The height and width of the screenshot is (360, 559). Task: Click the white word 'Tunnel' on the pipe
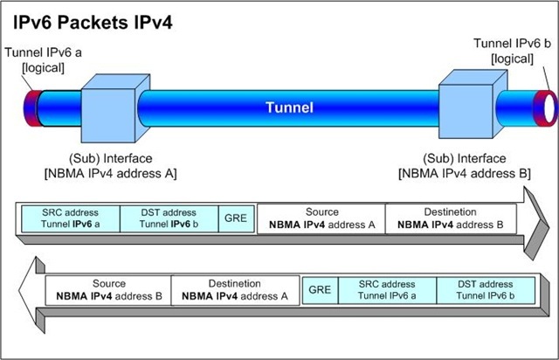289,108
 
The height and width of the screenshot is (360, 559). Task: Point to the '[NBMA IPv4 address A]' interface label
110,173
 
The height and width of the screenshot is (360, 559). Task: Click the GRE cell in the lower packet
320,289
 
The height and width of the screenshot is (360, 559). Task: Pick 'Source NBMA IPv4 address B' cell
108,290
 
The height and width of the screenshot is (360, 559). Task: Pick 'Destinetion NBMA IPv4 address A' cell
235,290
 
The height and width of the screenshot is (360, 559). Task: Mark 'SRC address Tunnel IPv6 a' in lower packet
387,290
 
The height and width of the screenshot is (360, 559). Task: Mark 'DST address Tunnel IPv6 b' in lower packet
486,290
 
